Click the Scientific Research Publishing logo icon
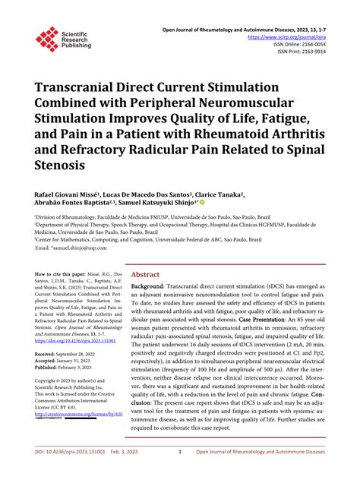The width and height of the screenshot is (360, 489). [47, 38]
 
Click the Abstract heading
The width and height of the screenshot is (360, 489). [146, 275]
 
